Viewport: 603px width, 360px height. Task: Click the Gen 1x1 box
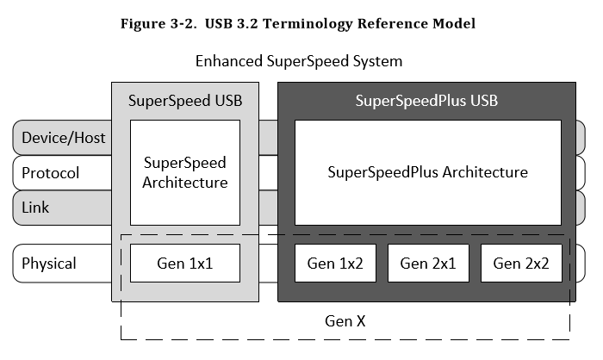coord(184,263)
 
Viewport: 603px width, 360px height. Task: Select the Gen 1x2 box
coord(335,263)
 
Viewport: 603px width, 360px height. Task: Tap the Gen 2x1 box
coord(428,263)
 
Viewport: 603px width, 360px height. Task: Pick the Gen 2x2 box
coord(521,263)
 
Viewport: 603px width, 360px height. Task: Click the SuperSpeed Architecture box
coord(184,172)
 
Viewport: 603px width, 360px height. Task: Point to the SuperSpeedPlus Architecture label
coord(427,172)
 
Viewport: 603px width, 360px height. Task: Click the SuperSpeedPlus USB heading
coord(426,101)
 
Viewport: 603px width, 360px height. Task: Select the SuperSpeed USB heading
coord(185,101)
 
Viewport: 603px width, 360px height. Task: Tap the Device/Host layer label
coord(63,138)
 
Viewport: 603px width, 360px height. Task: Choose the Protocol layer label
coord(51,173)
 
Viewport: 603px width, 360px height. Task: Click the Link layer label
coord(35,208)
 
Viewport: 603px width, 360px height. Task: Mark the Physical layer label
coord(49,264)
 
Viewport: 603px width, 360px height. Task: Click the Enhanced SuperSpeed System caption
coord(299,62)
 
